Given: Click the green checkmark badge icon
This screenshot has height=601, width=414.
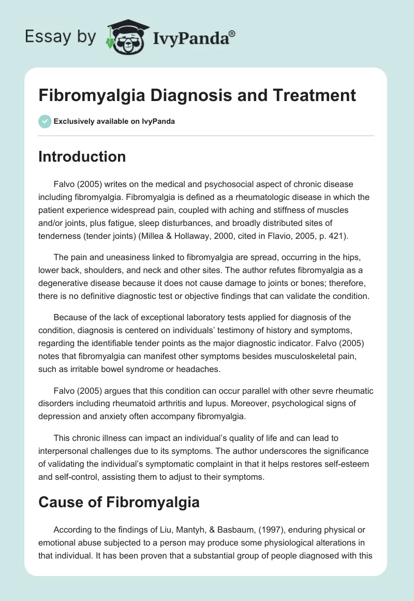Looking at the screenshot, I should pos(45,122).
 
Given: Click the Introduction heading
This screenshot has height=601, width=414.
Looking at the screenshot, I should pos(82,157).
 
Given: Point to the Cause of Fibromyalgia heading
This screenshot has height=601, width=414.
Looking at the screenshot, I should pos(119,502).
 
